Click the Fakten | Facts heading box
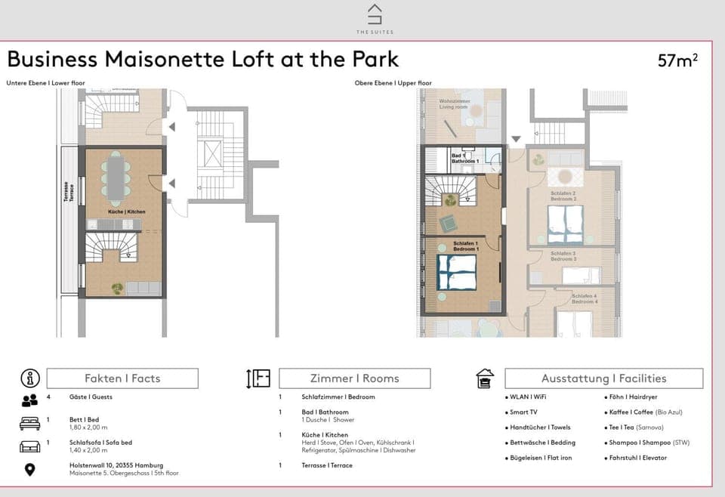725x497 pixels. tap(122, 378)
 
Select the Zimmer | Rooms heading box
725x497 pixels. tap(354, 378)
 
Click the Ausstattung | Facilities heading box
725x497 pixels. tap(603, 378)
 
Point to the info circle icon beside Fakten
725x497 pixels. tap(29, 378)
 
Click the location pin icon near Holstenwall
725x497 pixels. tap(29, 470)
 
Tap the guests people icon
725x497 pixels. tap(29, 400)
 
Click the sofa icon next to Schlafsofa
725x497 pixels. tap(29, 446)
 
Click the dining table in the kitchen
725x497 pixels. tap(116, 178)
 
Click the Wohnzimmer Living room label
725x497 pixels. tap(455, 104)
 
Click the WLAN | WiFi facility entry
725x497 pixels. tap(528, 397)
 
